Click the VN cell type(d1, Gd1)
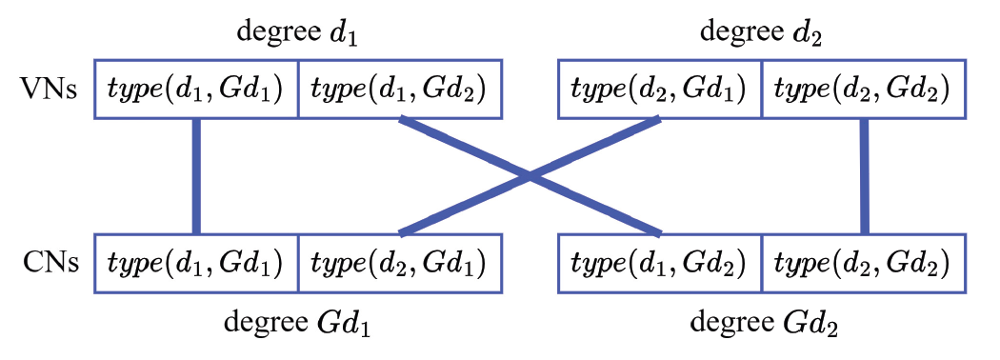point(196,90)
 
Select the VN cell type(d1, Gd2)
point(400,90)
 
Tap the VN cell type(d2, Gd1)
point(659,90)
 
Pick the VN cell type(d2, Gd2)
point(863,90)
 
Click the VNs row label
point(49,90)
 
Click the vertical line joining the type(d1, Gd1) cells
point(196,175)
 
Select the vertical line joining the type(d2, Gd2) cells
point(864,175)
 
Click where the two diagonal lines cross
point(530,176)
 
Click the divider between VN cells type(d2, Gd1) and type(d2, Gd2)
point(762,90)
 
